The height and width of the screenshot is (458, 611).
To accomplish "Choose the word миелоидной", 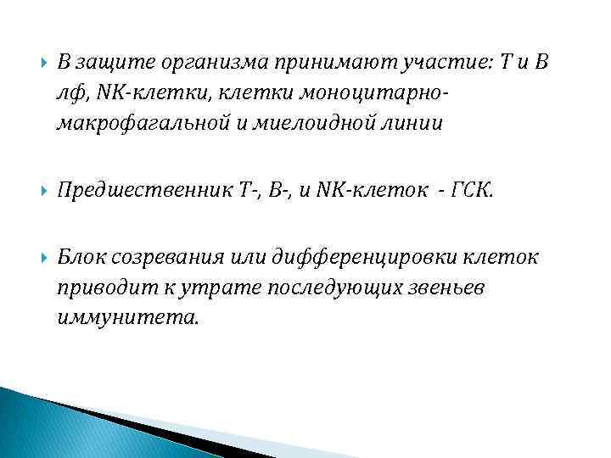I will point(298,124).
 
